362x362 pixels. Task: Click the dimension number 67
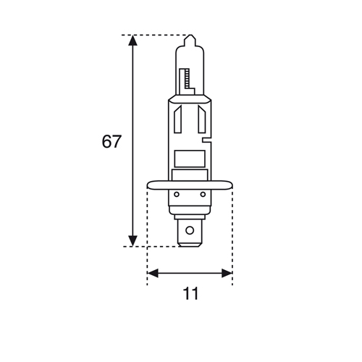pos(111,141)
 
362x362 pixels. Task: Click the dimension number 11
pos(190,293)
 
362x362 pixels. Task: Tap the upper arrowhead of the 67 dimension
pos(132,41)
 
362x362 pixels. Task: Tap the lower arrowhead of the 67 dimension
pos(132,240)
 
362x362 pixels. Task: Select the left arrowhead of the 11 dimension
pos(152,274)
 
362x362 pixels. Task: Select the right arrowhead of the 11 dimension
pos(227,274)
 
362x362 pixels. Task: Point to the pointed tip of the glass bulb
pos(190,38)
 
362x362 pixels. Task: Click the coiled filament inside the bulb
pos(188,76)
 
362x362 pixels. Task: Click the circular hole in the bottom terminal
pos(190,231)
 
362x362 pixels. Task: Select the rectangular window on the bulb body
pos(190,158)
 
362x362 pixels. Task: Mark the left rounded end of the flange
pos(149,186)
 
